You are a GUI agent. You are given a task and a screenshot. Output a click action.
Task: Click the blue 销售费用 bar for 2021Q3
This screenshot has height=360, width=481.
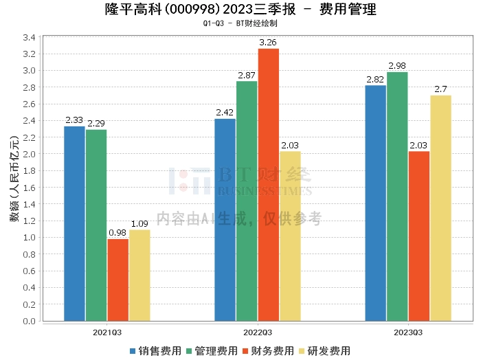click(x=74, y=223)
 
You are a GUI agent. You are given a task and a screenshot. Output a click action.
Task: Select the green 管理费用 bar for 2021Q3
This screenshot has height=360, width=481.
click(x=96, y=225)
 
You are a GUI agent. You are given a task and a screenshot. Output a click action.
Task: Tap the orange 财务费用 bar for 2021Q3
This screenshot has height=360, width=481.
click(x=118, y=280)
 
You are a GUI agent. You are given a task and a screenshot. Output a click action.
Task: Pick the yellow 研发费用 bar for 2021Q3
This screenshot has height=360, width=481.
click(x=139, y=275)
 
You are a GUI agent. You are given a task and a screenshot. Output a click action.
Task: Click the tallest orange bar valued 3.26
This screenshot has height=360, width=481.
click(x=269, y=184)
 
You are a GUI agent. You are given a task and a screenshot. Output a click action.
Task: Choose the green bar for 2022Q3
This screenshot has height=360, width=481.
click(x=247, y=201)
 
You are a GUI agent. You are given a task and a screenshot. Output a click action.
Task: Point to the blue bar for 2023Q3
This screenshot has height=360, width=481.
click(x=375, y=203)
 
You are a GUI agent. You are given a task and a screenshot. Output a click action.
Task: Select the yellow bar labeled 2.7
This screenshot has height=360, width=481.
click(x=440, y=207)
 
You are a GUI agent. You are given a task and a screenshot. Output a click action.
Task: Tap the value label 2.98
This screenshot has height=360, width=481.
click(x=397, y=66)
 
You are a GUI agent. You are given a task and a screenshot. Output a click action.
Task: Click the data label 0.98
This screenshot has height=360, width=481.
click(x=118, y=233)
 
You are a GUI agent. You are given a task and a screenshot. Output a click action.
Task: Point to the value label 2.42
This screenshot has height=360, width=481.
click(x=225, y=113)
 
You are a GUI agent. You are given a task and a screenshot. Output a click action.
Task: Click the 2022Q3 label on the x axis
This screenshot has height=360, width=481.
click(x=258, y=332)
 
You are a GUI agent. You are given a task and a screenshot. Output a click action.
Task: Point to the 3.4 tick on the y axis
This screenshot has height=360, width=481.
click(x=29, y=37)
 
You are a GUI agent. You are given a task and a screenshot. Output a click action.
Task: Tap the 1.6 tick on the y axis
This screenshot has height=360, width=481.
click(x=29, y=187)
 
